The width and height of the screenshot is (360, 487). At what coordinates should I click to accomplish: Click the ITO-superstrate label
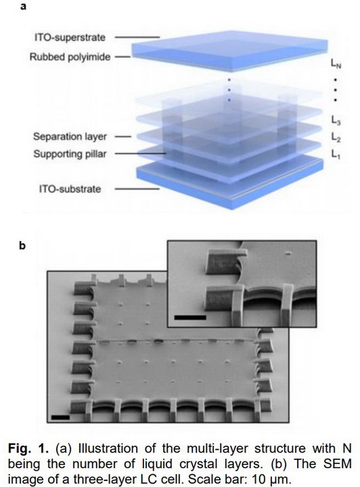click(x=70, y=38)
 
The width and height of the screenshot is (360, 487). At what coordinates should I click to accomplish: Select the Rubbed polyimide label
click(x=70, y=57)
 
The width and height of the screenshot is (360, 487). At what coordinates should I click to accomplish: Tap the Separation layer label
click(x=70, y=137)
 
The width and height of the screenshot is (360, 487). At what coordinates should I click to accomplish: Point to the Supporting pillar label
click(x=70, y=154)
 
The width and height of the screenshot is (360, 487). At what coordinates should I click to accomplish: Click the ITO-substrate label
click(x=70, y=189)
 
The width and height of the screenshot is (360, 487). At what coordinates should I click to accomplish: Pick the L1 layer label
click(x=336, y=154)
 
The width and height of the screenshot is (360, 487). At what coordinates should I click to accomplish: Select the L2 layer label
click(x=336, y=137)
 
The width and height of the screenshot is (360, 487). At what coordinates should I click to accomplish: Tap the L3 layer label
click(x=336, y=120)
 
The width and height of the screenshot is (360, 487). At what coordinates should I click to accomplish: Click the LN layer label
click(x=336, y=64)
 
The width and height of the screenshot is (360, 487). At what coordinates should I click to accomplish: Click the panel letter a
click(x=23, y=6)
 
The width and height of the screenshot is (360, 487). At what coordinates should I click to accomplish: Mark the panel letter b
click(x=22, y=246)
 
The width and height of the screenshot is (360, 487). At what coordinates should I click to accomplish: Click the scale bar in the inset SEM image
click(x=190, y=317)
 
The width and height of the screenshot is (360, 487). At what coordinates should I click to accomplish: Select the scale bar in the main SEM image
click(x=60, y=417)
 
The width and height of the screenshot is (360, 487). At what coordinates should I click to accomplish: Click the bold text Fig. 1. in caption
click(x=28, y=448)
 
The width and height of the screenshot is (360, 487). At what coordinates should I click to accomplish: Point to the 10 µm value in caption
click(x=271, y=480)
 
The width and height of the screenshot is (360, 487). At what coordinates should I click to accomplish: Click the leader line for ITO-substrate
click(x=137, y=189)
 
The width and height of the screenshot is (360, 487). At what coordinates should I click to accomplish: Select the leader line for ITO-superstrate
click(x=137, y=37)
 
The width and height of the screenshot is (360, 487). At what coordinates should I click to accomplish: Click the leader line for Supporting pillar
click(x=141, y=154)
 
